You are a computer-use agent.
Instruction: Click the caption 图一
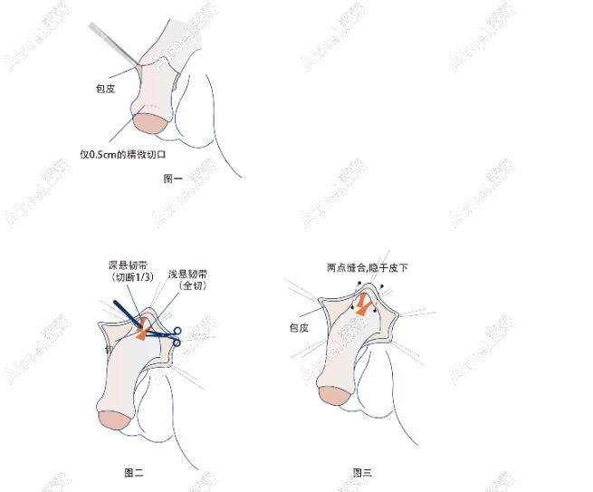point(173,178)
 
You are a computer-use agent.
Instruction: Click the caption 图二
point(134,471)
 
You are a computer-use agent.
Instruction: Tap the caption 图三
point(363,472)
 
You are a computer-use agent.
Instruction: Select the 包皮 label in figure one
point(105,89)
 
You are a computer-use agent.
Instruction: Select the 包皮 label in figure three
point(299,327)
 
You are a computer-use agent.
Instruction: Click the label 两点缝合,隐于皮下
point(367,267)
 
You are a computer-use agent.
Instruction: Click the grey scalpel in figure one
point(113,43)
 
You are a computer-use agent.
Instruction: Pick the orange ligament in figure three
point(364,309)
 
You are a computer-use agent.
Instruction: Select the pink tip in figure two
point(113,419)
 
